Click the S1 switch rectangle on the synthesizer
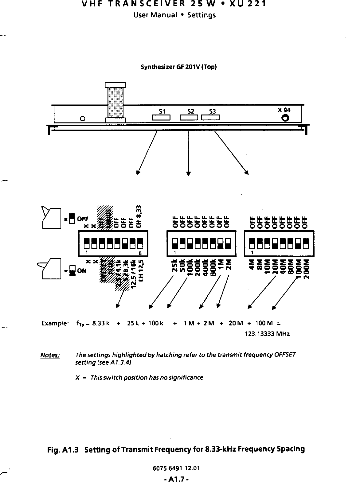pyautogui.click(x=161, y=118)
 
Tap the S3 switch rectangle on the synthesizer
pyautogui.click(x=210, y=118)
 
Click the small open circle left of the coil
pyautogui.click(x=82, y=119)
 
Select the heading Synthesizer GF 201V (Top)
pyautogui.click(x=178, y=67)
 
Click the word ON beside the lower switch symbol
pyautogui.click(x=81, y=271)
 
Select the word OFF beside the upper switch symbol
pyautogui.click(x=83, y=219)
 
